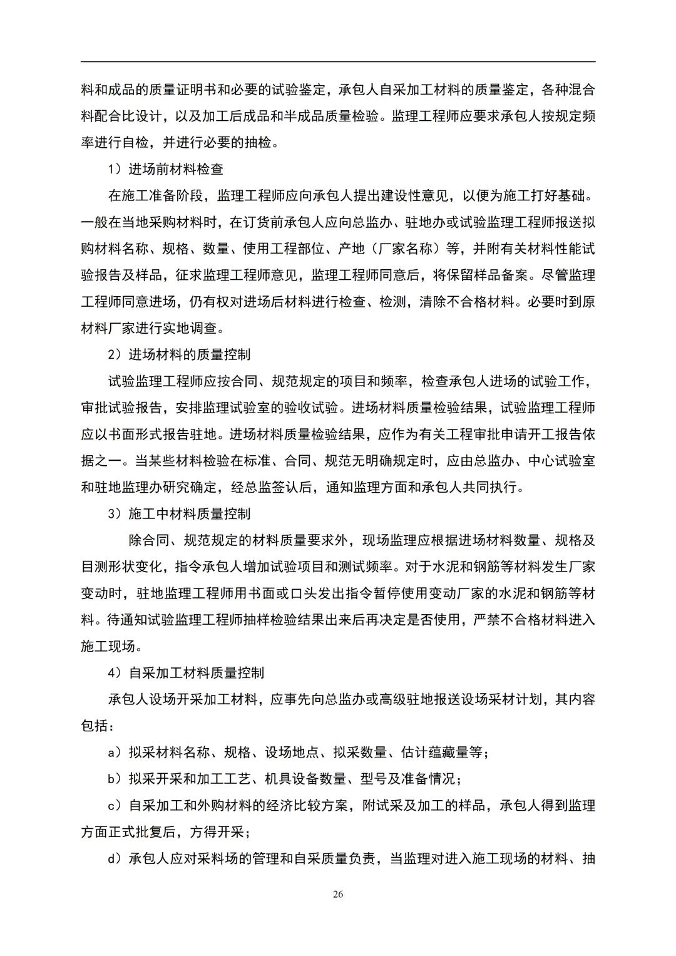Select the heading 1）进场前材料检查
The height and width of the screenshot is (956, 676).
tap(166, 169)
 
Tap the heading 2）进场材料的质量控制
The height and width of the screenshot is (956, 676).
tap(179, 354)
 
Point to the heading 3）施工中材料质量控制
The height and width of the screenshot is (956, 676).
tap(179, 513)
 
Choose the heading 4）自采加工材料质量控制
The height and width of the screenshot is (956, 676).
tap(186, 672)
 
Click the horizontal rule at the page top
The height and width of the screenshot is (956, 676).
tap(338, 62)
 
